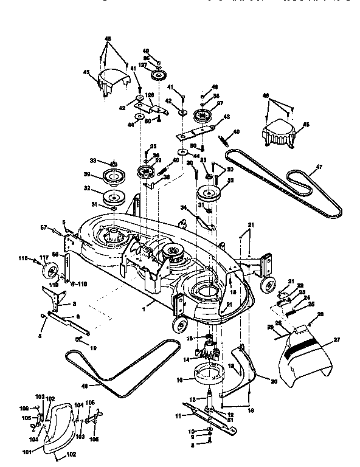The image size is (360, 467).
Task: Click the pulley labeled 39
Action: point(114,178)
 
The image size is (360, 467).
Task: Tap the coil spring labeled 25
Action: point(293,313)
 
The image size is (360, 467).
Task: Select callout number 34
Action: point(182,208)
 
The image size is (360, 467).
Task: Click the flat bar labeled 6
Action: point(67,322)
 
